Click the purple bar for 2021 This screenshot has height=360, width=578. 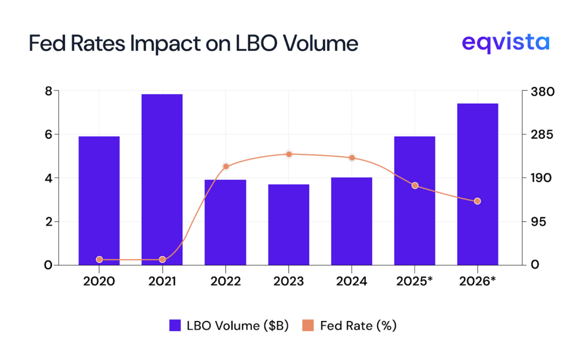click(x=162, y=179)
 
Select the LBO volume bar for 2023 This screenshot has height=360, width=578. click(x=288, y=225)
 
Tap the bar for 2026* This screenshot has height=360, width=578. click(x=478, y=184)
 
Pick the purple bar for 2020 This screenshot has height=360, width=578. click(x=99, y=200)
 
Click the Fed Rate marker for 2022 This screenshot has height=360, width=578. click(x=226, y=166)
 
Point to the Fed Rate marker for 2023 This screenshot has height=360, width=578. click(x=288, y=154)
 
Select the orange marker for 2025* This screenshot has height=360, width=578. click(x=415, y=186)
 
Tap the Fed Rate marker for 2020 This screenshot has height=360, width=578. click(x=99, y=260)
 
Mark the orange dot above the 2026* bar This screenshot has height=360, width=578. click(x=478, y=201)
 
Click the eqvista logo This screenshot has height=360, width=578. click(x=505, y=43)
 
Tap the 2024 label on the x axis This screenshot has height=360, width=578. click(x=352, y=281)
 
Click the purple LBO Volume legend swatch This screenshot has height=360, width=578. click(x=175, y=326)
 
